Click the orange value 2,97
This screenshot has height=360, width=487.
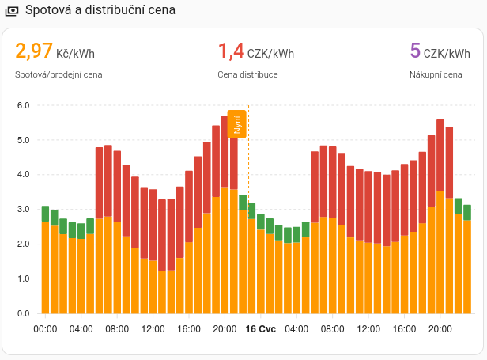point(33,52)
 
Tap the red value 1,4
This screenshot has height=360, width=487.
point(231,52)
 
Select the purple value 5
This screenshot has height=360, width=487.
point(415,52)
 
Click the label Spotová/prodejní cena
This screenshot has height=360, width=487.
point(59,75)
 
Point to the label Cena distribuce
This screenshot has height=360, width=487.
point(247,75)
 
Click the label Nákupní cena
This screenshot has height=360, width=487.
point(436,75)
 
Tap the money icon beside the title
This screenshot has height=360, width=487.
point(12,11)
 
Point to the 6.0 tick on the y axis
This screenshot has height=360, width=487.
point(23,105)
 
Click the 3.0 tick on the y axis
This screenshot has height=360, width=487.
point(23,209)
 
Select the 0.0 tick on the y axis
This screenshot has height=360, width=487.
point(23,313)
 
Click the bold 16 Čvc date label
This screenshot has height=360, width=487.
point(261,329)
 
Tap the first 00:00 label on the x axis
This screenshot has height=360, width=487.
point(45,329)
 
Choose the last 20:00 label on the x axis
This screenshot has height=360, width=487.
point(440,329)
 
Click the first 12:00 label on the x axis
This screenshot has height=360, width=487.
point(153,329)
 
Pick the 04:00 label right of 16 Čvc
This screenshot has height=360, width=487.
point(296,329)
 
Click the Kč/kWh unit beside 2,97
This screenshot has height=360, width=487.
point(75,54)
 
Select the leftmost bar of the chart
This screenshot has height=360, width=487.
point(45,261)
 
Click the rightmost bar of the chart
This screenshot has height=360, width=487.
point(467,261)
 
